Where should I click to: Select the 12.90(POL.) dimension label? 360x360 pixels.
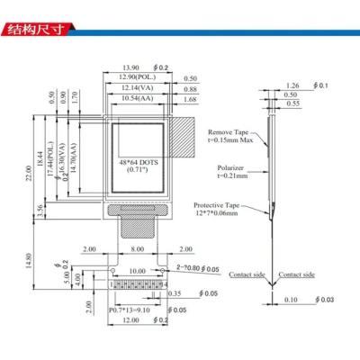tap(134, 79)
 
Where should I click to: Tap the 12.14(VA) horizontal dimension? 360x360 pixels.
tap(134, 89)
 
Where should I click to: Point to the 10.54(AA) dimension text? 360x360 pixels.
tap(134, 99)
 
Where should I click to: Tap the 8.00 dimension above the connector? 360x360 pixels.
tap(138, 248)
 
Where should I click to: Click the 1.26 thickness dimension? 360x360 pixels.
tap(291, 86)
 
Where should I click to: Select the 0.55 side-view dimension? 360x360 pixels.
tap(292, 104)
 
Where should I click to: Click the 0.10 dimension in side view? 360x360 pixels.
tap(292, 300)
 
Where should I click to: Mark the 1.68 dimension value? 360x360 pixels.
tap(189, 99)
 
